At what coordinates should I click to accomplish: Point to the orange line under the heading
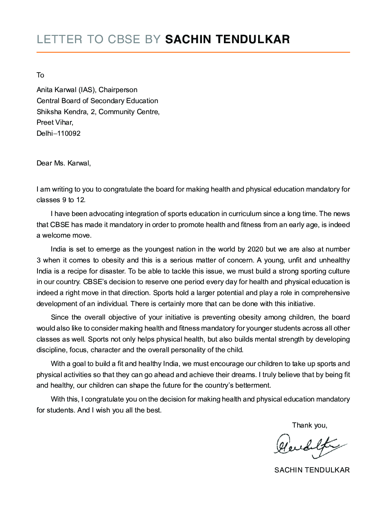(x=193, y=52)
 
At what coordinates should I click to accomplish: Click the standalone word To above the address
(x=40, y=75)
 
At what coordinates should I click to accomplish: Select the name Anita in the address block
(x=45, y=90)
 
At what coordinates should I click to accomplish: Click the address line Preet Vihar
(x=55, y=122)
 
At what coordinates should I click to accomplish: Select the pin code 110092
(x=68, y=133)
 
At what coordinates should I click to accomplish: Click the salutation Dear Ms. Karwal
(x=64, y=163)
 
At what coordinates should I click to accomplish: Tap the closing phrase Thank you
(x=309, y=425)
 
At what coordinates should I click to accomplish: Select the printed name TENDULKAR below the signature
(x=328, y=470)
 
